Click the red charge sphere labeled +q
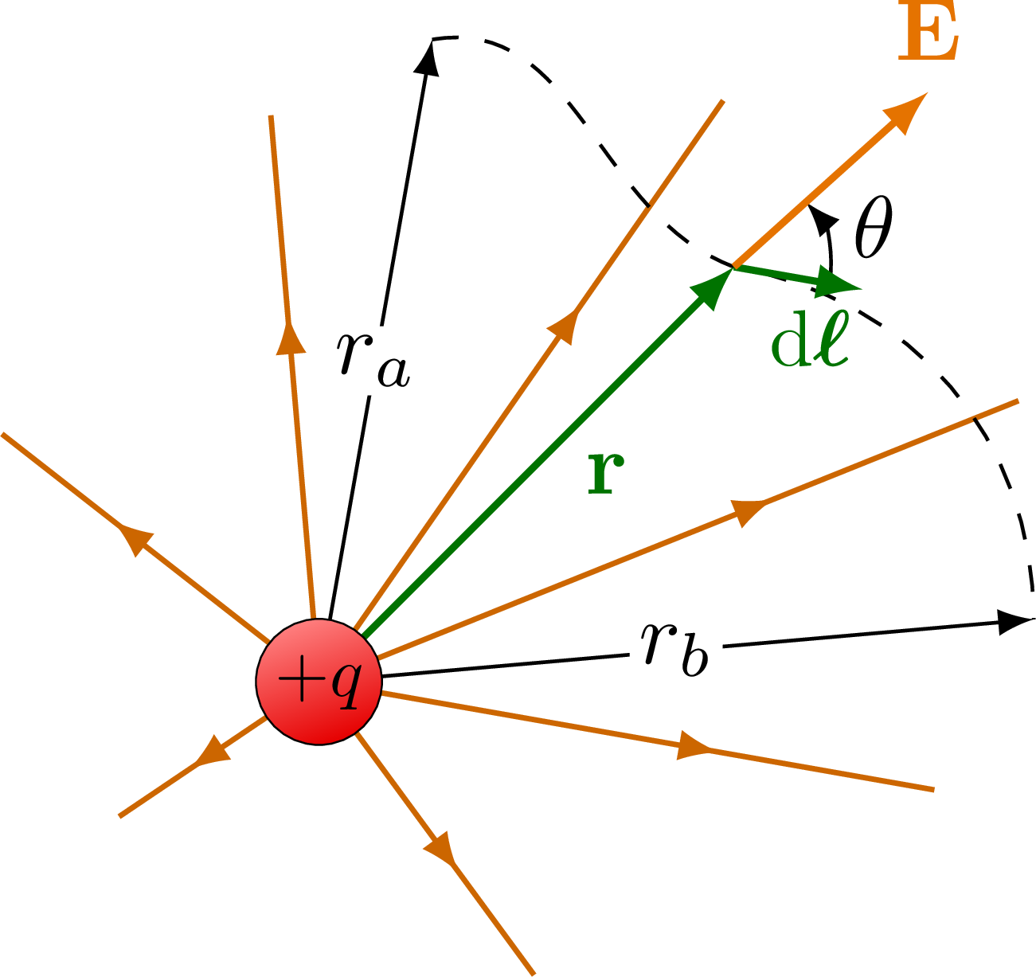pos(319,682)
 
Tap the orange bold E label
pos(927,35)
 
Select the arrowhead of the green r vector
pos(713,287)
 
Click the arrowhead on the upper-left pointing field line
pos(135,540)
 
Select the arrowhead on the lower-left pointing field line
pos(211,752)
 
